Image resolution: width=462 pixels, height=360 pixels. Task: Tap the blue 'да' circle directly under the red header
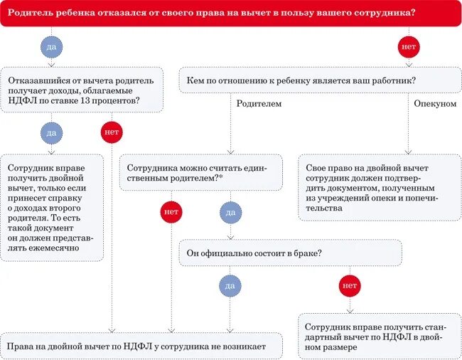point(51,47)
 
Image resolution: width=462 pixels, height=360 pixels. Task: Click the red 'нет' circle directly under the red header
point(408,47)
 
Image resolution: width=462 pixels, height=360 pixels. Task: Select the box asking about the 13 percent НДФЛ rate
point(82,90)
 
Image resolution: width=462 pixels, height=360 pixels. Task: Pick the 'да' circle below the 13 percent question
point(51,132)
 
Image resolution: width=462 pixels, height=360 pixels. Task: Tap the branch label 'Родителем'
point(258,104)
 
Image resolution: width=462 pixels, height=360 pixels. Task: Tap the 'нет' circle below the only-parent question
point(171,212)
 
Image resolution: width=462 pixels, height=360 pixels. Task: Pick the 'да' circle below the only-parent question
point(230,212)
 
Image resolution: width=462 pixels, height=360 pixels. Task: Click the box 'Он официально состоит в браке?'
point(290,253)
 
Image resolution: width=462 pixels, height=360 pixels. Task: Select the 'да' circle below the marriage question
point(230,285)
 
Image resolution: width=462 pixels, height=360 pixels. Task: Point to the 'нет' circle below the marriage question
point(350,285)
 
